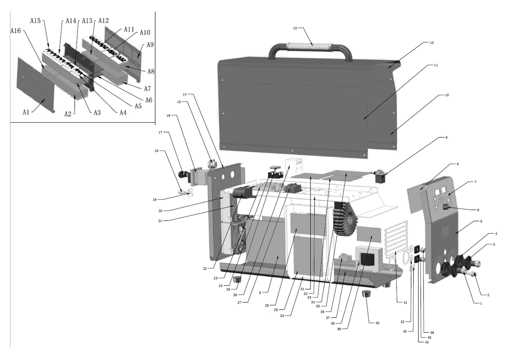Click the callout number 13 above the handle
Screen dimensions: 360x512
click(x=295, y=28)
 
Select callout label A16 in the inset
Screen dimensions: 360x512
click(x=16, y=30)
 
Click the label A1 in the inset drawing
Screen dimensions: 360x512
click(x=26, y=112)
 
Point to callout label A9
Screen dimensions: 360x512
click(x=150, y=45)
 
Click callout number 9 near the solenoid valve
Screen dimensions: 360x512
click(x=446, y=137)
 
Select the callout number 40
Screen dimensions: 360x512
click(x=377, y=323)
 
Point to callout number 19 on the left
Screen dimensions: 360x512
click(x=154, y=200)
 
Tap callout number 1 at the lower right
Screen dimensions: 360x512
click(x=480, y=303)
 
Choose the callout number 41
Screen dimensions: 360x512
click(x=405, y=303)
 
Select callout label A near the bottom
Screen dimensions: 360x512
click(x=260, y=292)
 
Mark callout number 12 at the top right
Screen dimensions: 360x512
click(x=432, y=43)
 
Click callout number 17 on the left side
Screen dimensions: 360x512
click(x=161, y=132)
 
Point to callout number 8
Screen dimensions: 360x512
click(x=457, y=164)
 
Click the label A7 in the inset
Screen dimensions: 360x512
click(x=147, y=89)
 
